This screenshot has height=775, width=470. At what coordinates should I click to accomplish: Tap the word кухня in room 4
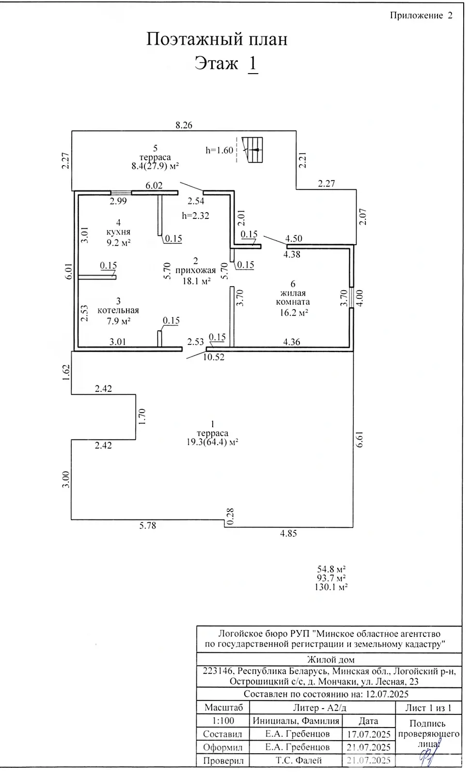click(x=119, y=232)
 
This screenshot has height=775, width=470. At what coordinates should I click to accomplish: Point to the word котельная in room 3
click(x=118, y=310)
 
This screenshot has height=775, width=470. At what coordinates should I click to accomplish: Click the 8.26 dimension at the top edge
click(x=184, y=125)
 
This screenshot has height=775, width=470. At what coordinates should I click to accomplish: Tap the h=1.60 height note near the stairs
click(x=219, y=150)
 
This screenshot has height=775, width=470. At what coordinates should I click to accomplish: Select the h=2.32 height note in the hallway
click(x=195, y=216)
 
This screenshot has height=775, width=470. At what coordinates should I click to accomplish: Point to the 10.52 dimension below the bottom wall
click(x=214, y=357)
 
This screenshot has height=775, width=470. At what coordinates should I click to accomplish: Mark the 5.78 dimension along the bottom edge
click(x=148, y=526)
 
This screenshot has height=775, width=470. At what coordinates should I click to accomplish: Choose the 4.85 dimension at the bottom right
click(x=288, y=533)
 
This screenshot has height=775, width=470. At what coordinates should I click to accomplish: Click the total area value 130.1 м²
click(x=331, y=587)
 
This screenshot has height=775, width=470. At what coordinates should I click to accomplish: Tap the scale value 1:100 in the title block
click(x=223, y=721)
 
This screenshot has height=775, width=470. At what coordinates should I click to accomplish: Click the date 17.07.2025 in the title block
click(x=369, y=734)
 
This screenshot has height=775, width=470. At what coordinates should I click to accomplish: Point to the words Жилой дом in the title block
click(x=330, y=659)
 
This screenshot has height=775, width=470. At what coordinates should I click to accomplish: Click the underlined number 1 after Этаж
click(x=252, y=63)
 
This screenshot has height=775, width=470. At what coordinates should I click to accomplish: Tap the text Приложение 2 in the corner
click(x=421, y=15)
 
